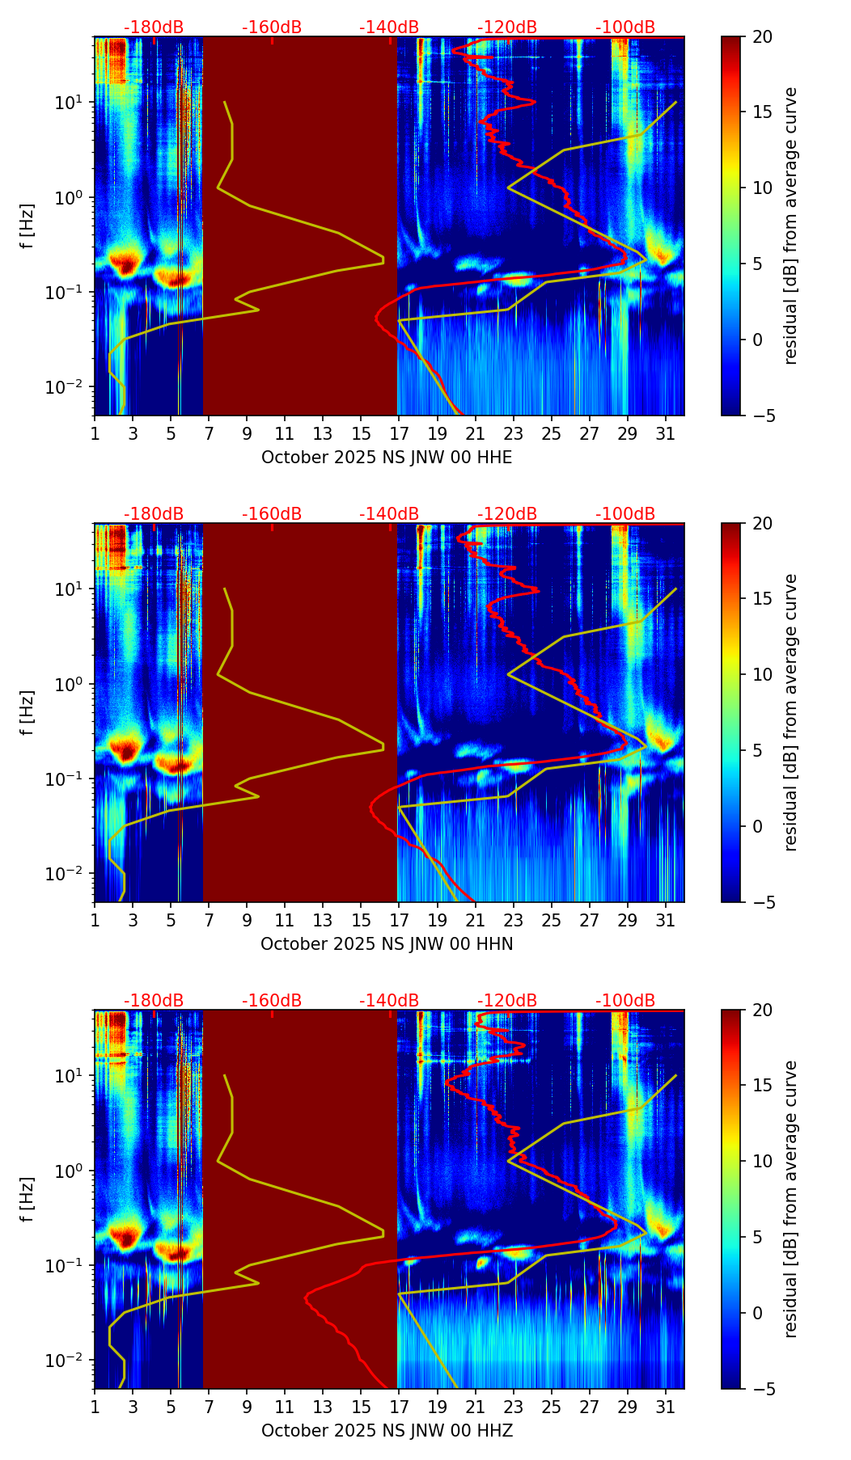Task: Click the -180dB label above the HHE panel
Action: click(x=154, y=27)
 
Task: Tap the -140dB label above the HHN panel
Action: click(x=389, y=514)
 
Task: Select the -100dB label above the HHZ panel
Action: click(x=625, y=1001)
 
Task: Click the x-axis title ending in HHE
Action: click(x=387, y=458)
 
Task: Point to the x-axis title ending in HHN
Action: click(x=387, y=944)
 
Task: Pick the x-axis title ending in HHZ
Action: click(x=387, y=1431)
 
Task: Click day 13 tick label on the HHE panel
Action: click(x=323, y=434)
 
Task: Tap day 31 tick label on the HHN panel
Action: click(x=666, y=921)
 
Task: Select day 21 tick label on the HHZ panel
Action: click(x=475, y=1407)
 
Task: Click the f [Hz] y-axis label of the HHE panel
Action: click(x=27, y=226)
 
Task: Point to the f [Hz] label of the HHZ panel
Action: click(x=27, y=1200)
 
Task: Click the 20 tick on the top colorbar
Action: click(x=763, y=37)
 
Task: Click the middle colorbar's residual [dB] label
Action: click(x=791, y=712)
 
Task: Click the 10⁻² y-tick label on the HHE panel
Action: click(x=68, y=388)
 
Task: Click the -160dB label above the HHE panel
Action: click(x=272, y=27)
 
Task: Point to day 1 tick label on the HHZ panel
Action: click(x=95, y=1407)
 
